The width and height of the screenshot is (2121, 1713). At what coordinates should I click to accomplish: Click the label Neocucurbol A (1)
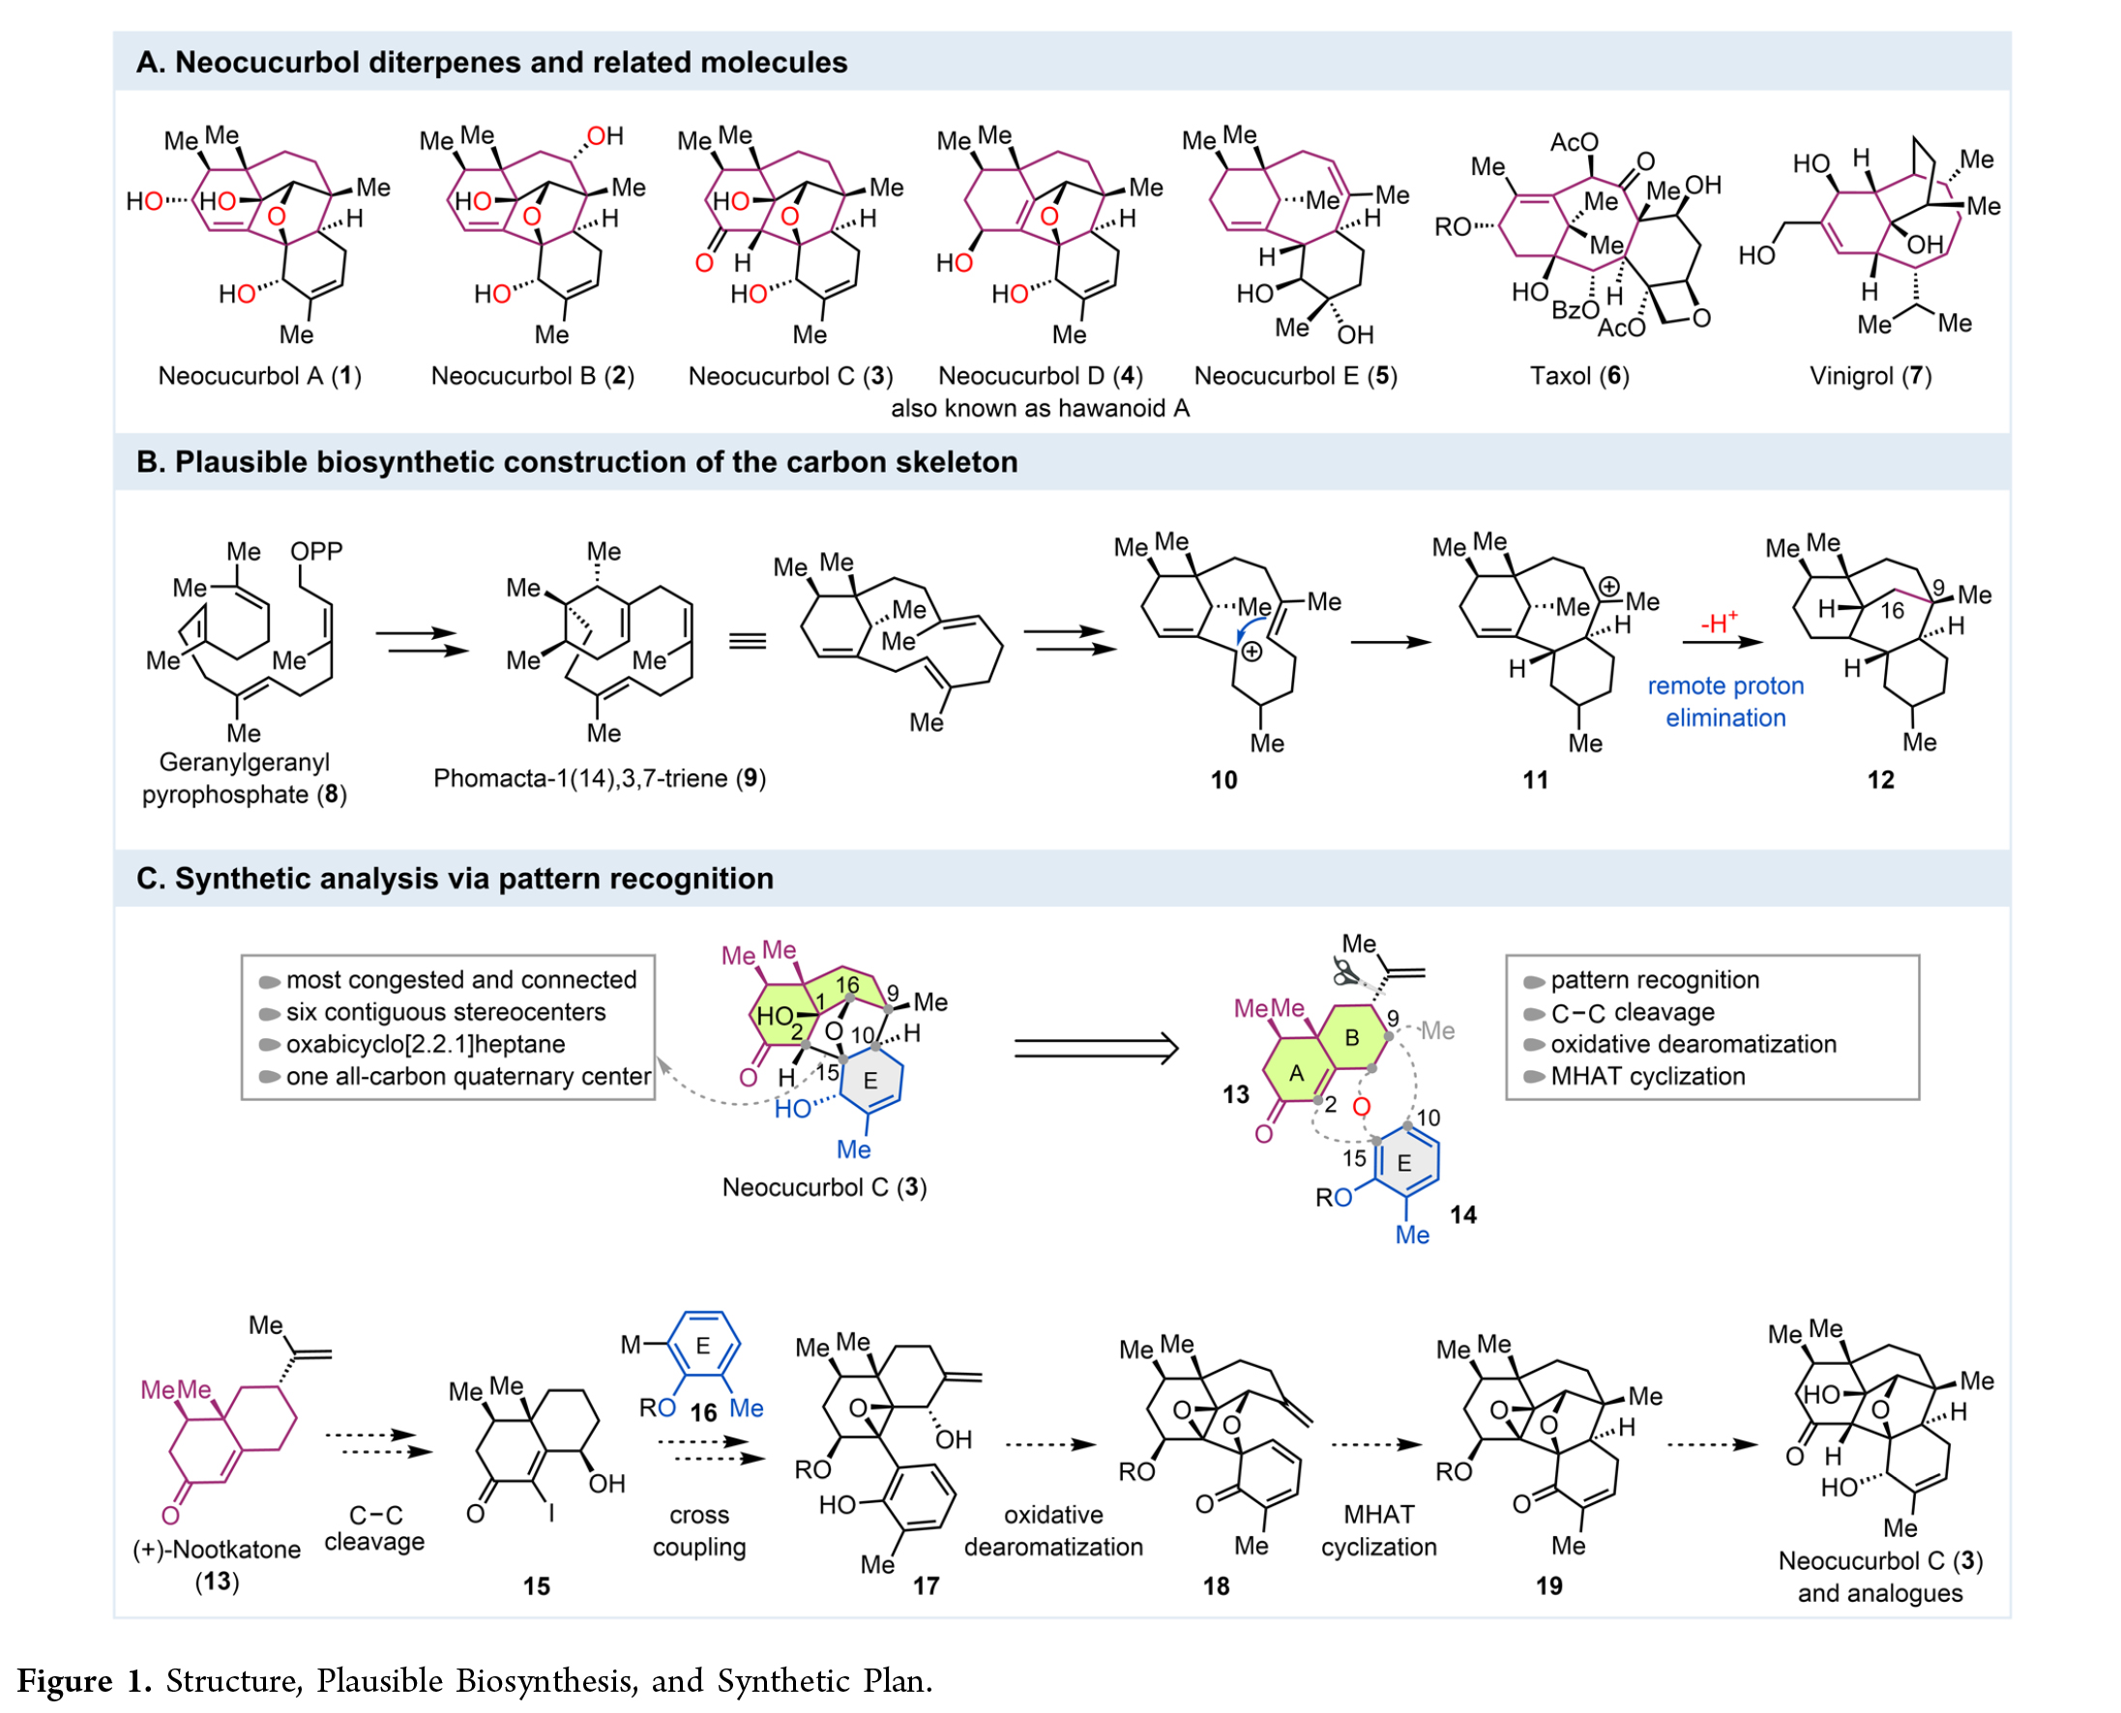tap(259, 376)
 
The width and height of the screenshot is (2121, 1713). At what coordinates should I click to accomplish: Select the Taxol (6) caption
tap(1578, 376)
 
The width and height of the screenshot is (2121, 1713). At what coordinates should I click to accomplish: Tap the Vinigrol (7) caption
tap(1870, 376)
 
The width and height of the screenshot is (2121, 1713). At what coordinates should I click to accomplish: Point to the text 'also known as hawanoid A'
tap(1040, 409)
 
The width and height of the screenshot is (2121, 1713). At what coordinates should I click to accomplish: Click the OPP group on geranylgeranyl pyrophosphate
tap(316, 551)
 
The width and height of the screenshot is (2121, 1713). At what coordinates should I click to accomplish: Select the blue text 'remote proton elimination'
tap(1724, 702)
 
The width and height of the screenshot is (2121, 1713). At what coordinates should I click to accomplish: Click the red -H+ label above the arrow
tap(1719, 623)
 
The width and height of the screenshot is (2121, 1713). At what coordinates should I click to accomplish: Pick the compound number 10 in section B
tap(1223, 780)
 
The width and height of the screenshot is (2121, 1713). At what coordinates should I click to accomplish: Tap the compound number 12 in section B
tap(1879, 780)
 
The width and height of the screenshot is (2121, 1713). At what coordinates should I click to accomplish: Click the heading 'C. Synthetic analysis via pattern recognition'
tap(454, 878)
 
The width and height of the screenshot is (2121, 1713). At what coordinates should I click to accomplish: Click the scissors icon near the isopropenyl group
tap(1344, 972)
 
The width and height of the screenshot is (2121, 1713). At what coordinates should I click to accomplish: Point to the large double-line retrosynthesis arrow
tap(1096, 1048)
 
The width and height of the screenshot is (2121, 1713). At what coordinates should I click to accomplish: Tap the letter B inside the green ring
tap(1351, 1037)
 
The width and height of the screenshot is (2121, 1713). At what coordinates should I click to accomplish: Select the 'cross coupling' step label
tap(697, 1530)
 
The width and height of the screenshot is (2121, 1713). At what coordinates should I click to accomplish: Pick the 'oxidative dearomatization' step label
tap(1052, 1530)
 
